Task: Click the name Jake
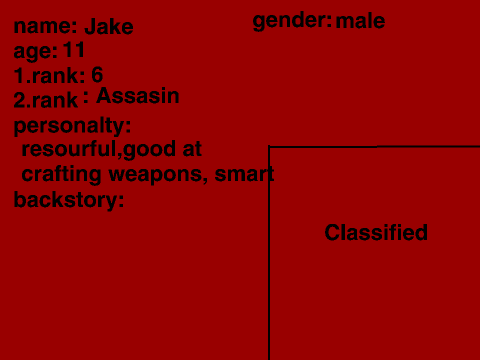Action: [x=109, y=26]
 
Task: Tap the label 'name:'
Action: [x=46, y=26]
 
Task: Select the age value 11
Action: [x=74, y=50]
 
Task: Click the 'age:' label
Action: [x=36, y=52]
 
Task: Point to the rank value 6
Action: [x=97, y=75]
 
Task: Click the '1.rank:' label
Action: [x=49, y=75]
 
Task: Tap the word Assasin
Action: [x=138, y=96]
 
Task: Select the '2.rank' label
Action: [x=46, y=100]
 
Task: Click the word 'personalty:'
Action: [x=72, y=126]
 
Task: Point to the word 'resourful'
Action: [x=69, y=149]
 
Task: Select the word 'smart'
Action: [x=244, y=174]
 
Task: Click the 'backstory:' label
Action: [x=69, y=200]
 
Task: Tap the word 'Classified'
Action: [x=376, y=232]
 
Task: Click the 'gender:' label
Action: [x=292, y=21]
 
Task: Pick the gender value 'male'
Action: [x=360, y=21]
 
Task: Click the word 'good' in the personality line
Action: [x=149, y=150]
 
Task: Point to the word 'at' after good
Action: [x=192, y=149]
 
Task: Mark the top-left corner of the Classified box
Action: [x=269, y=146]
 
